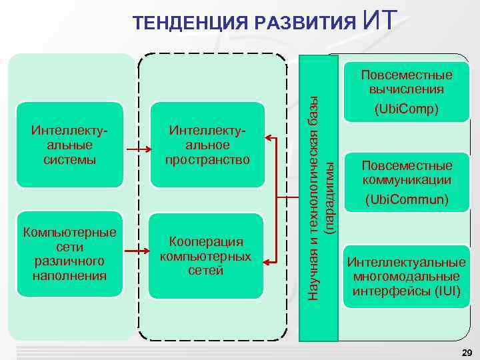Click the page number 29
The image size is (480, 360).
point(467,352)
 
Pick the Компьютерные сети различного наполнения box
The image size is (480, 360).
point(70,254)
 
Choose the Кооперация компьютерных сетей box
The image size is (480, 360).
point(206,255)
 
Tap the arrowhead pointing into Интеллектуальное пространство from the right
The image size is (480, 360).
point(269,138)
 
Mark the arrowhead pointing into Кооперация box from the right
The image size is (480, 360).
point(269,259)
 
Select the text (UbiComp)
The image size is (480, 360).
point(406,108)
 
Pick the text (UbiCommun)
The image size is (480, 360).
point(406,199)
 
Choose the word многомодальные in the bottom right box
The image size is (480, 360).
point(406,276)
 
